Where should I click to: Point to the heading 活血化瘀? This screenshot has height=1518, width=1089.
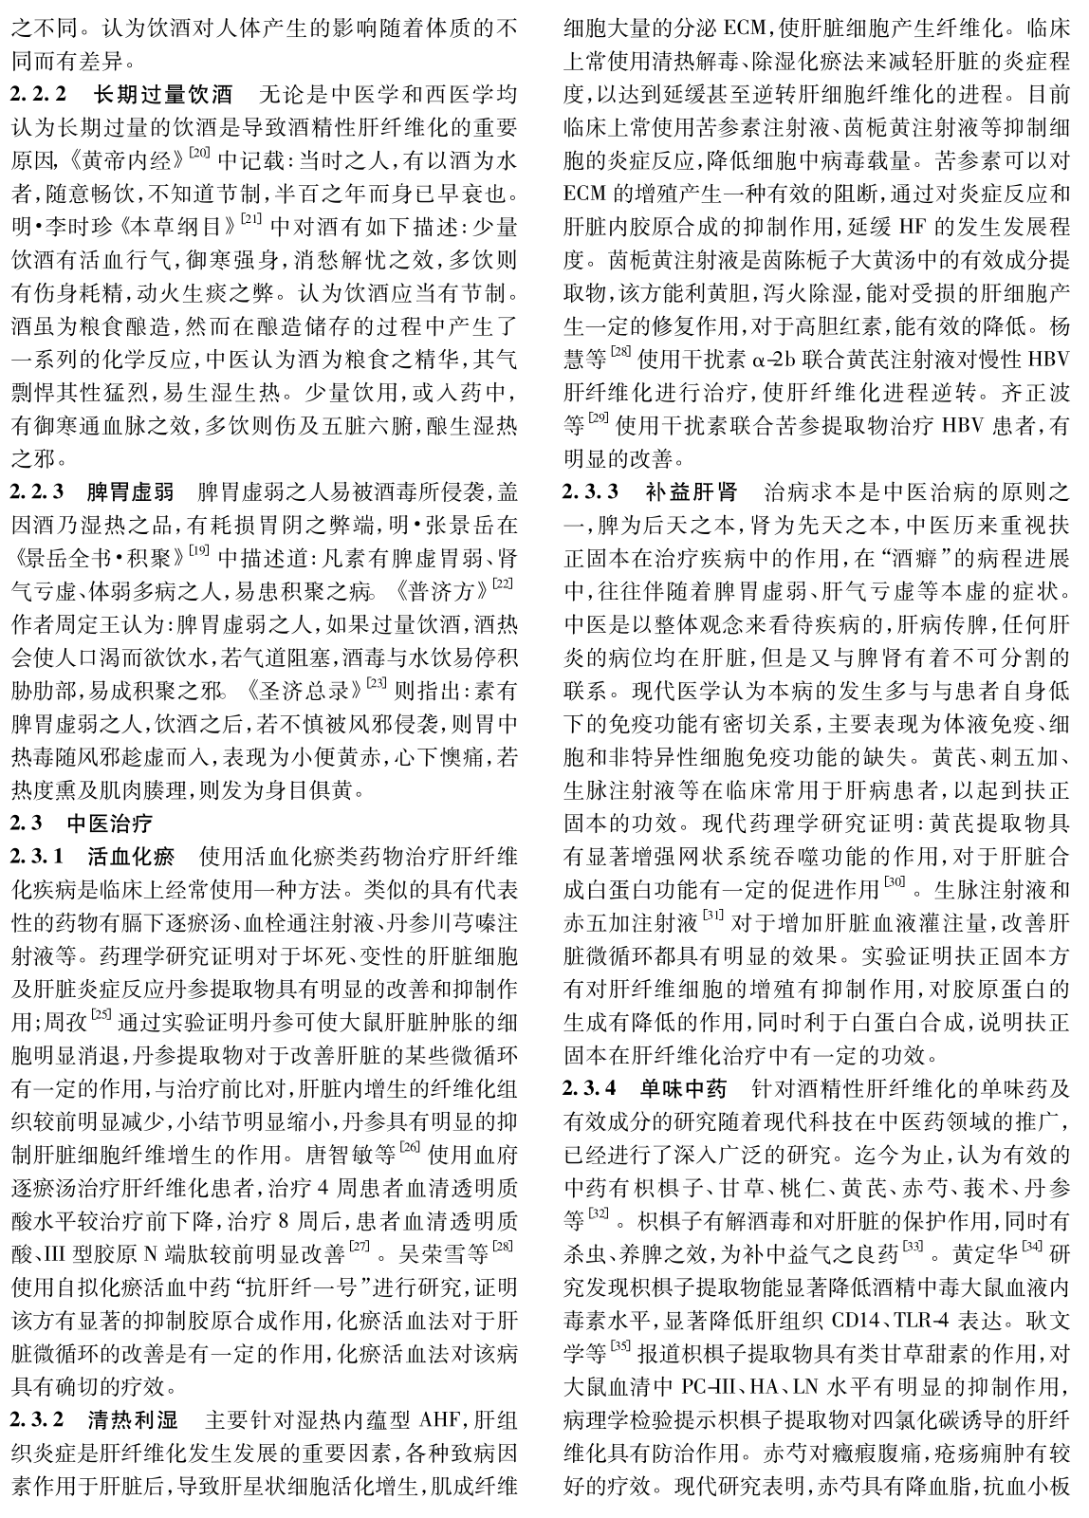pyautogui.click(x=130, y=857)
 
